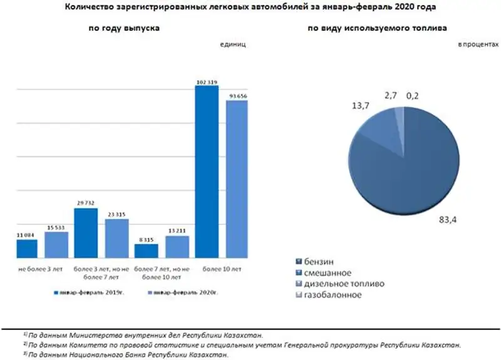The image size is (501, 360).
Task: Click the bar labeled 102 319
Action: point(207,172)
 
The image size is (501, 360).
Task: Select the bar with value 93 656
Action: point(237,178)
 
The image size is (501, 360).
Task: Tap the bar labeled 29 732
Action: point(86,232)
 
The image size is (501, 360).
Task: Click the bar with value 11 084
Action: point(27,248)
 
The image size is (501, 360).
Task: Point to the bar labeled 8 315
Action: point(146,250)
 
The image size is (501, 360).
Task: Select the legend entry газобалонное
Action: point(332,295)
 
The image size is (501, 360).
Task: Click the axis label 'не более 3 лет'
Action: point(41,269)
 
